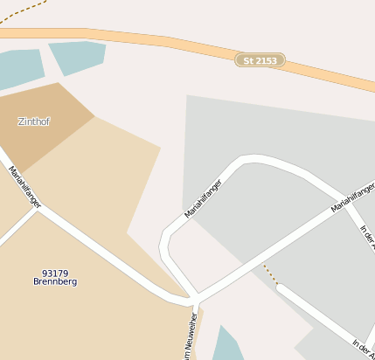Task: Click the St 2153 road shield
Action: (x=260, y=60)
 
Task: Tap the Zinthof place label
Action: (x=34, y=121)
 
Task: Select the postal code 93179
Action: (x=54, y=273)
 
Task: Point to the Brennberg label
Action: (x=55, y=282)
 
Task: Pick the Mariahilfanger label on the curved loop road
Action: (x=204, y=198)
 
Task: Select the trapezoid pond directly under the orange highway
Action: (x=80, y=55)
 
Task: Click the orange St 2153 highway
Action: (x=157, y=40)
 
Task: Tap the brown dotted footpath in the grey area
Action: (x=270, y=273)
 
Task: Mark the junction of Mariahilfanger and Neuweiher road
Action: (x=196, y=302)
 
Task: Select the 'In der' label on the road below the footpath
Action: (x=362, y=347)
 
